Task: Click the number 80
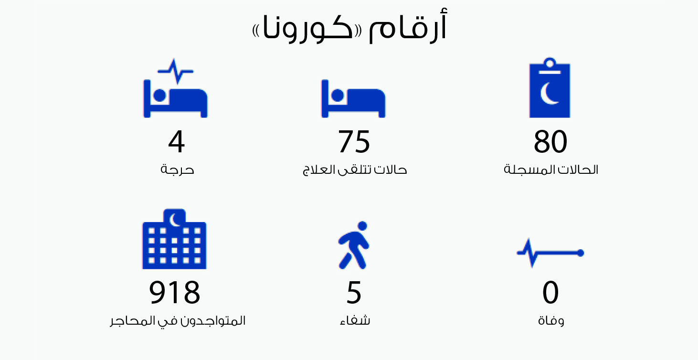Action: [x=550, y=141]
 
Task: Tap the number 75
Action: [x=354, y=141]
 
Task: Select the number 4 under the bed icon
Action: [x=176, y=141]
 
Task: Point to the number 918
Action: [x=175, y=292]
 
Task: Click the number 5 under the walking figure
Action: [x=354, y=292]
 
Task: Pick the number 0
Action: [x=550, y=292]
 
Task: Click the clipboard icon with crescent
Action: [x=550, y=87]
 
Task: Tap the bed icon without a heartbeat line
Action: [x=353, y=98]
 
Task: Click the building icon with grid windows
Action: [x=175, y=239]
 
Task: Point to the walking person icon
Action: [x=354, y=245]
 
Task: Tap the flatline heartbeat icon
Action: [x=550, y=253]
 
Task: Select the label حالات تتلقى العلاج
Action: [x=355, y=170]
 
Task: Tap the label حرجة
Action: [x=177, y=170]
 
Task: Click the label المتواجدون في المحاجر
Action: [x=178, y=321]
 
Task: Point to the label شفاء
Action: [x=355, y=320]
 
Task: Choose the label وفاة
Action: [x=551, y=320]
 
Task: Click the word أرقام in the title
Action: [x=408, y=26]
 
